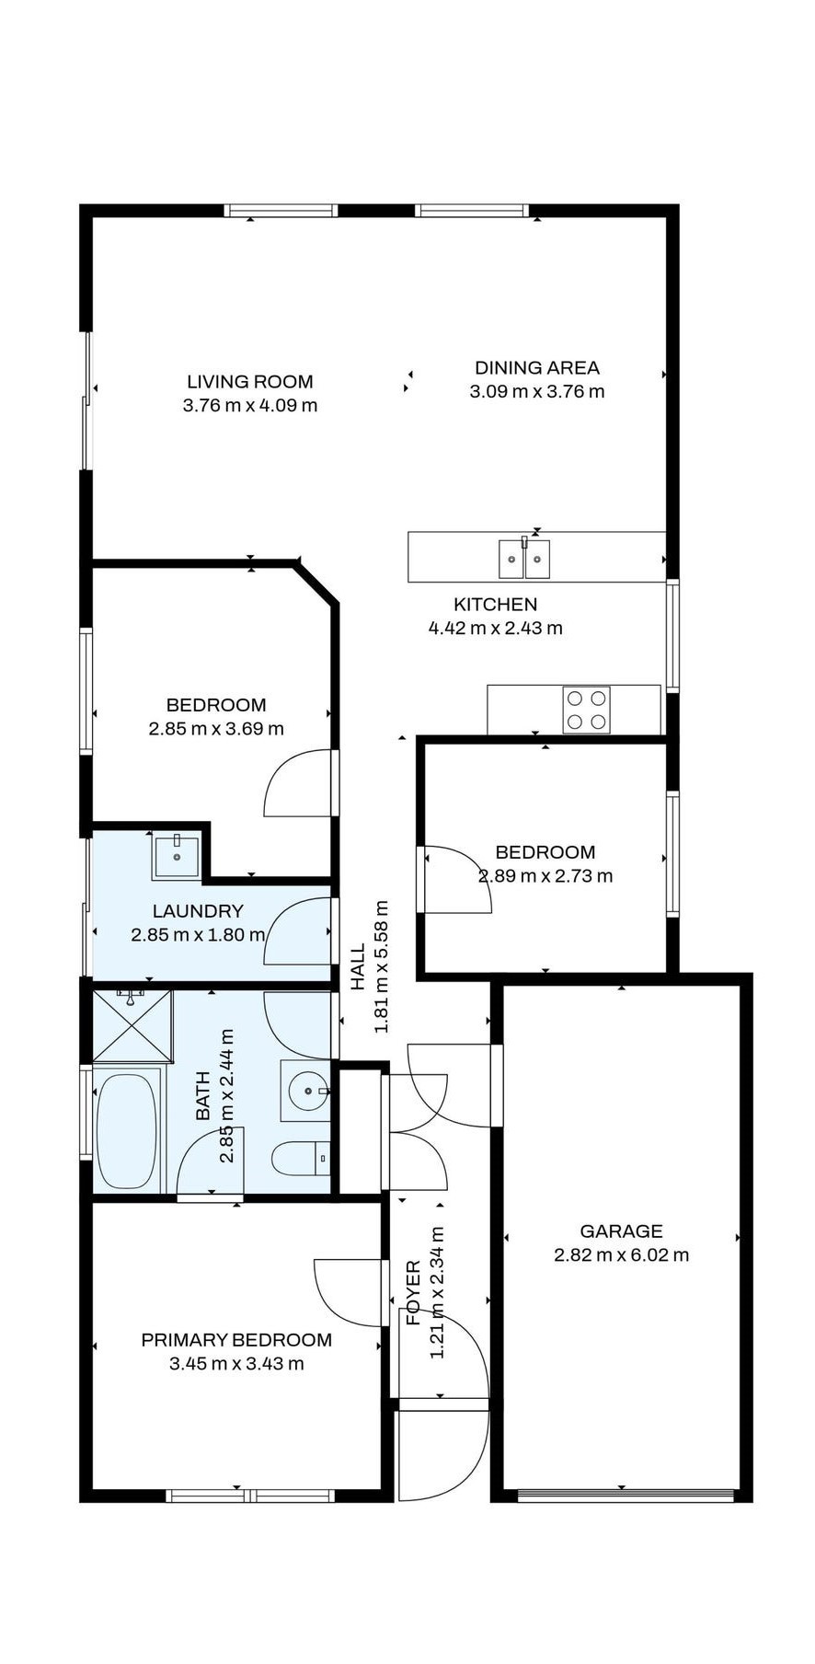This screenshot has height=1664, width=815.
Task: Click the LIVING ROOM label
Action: point(249,382)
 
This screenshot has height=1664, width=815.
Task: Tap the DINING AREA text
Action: point(536,367)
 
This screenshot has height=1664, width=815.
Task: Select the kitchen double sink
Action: point(524,559)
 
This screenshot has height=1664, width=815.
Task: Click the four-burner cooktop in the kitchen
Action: point(586,710)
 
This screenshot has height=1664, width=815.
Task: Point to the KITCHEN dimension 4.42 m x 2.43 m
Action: point(495,629)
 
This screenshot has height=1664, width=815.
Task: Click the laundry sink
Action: point(176,855)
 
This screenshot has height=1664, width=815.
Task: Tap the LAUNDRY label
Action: point(198,911)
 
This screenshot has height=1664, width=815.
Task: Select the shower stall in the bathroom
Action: point(132,1026)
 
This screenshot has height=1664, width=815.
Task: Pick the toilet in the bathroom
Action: point(300,1158)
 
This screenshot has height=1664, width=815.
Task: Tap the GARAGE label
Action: point(621,1231)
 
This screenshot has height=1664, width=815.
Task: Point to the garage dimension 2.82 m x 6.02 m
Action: point(621,1255)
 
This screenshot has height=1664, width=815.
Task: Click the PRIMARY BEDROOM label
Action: point(236,1340)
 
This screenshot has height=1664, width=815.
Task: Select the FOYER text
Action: point(413,1293)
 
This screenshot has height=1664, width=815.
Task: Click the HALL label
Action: point(358,966)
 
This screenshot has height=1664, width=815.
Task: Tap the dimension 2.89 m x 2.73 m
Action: point(545,876)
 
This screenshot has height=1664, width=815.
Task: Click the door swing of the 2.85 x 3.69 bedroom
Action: point(296,785)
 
